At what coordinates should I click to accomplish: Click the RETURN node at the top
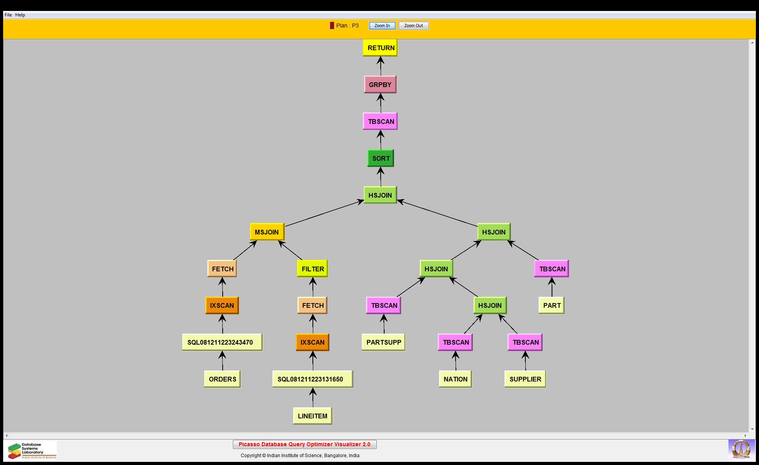[x=380, y=48]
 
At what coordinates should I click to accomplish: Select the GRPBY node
[x=380, y=85]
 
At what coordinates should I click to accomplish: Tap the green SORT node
[x=380, y=158]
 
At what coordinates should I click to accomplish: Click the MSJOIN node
[x=267, y=232]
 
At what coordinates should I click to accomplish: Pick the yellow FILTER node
[x=312, y=269]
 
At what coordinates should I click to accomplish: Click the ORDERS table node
[x=222, y=379]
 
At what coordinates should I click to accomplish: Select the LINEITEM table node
[x=312, y=416]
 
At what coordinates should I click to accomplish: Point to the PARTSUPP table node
[x=383, y=342]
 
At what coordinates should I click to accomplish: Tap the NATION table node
[x=455, y=379]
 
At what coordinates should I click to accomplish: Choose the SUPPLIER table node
[x=525, y=379]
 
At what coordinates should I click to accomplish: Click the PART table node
[x=552, y=305]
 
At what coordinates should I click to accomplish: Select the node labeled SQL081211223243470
[x=222, y=342]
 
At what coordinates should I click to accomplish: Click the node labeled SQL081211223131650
[x=312, y=379]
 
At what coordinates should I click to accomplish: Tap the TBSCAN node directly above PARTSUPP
[x=383, y=305]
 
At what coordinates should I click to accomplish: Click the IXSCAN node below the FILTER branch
[x=312, y=342]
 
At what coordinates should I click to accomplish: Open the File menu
[x=8, y=15]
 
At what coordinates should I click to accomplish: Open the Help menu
[x=20, y=15]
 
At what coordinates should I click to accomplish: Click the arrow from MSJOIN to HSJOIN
[x=324, y=214]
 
